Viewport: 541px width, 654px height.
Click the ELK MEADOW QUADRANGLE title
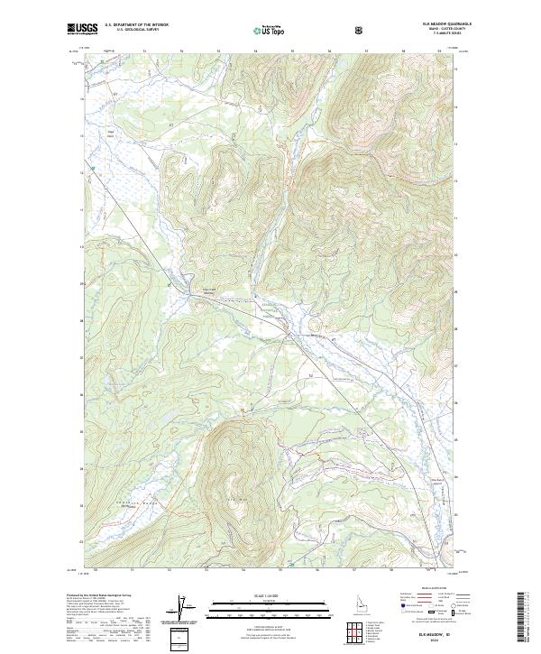(432, 25)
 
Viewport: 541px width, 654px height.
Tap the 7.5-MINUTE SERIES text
(441, 34)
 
